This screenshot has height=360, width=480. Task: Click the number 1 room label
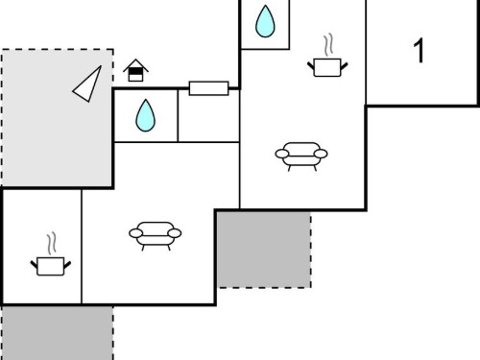coord(420,50)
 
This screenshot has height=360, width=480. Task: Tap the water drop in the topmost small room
coord(265,21)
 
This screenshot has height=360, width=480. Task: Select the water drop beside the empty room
coord(145,115)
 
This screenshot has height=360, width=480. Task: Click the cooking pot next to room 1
coord(327,67)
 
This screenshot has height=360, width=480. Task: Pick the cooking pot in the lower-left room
coord(51,266)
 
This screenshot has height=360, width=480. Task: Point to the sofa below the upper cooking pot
coord(301,156)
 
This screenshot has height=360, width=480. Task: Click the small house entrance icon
coord(135,70)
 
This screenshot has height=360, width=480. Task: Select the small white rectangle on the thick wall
coord(208,88)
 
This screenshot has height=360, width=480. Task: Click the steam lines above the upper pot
coord(328,44)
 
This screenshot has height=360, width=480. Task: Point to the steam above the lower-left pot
coord(52,244)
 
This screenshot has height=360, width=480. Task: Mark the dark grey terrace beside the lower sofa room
coord(264,250)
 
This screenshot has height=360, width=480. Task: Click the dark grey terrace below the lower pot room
coord(58,333)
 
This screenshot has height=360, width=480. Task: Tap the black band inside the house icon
coord(135,71)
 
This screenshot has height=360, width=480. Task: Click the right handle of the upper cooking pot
coord(345,66)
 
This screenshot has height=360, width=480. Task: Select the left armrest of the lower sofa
coord(136,233)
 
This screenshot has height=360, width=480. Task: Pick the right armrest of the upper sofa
coord(321,154)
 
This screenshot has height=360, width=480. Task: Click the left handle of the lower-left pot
coord(34,265)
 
